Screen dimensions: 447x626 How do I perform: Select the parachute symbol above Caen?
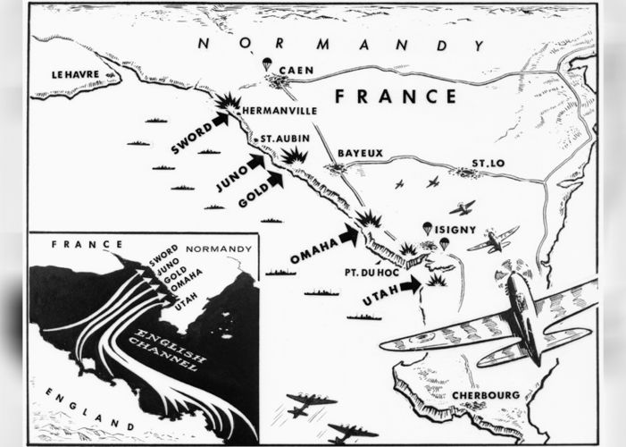point(265,64)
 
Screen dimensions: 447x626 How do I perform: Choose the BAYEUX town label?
point(361,153)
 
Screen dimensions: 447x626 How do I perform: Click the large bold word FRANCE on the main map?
point(395,97)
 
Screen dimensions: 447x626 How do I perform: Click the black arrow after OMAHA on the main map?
point(347,235)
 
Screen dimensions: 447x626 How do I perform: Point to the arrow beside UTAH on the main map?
point(410,285)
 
